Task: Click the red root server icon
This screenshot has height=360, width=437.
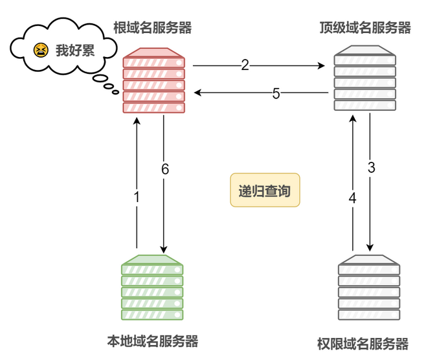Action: (x=154, y=80)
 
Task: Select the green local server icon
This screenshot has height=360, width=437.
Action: (x=152, y=287)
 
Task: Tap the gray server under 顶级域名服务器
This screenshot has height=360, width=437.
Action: (x=365, y=78)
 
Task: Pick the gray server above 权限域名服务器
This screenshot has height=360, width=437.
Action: (x=369, y=287)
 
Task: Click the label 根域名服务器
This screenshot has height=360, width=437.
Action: (x=152, y=28)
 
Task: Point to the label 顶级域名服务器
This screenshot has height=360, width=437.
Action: (x=365, y=28)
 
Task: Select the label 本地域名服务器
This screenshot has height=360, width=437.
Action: (x=152, y=341)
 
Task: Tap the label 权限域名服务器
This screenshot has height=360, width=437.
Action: (x=363, y=344)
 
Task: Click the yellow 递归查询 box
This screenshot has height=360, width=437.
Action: (x=265, y=190)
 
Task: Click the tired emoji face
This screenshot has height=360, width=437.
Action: (x=41, y=51)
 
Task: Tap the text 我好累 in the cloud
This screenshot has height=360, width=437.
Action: (x=75, y=51)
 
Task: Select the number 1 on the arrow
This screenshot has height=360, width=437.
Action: (x=137, y=197)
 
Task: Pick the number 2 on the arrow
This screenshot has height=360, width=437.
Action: (x=245, y=65)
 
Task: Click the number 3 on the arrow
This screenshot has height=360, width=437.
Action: (x=371, y=168)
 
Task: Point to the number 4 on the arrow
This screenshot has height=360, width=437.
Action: (x=353, y=198)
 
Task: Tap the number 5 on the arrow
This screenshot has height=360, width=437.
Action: (x=276, y=94)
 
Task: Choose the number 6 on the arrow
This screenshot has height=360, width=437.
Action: (x=165, y=169)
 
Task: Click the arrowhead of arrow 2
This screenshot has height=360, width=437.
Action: (x=322, y=66)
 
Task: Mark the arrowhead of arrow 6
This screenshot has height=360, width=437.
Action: (x=164, y=250)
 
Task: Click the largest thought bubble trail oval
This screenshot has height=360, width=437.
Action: (x=100, y=78)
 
